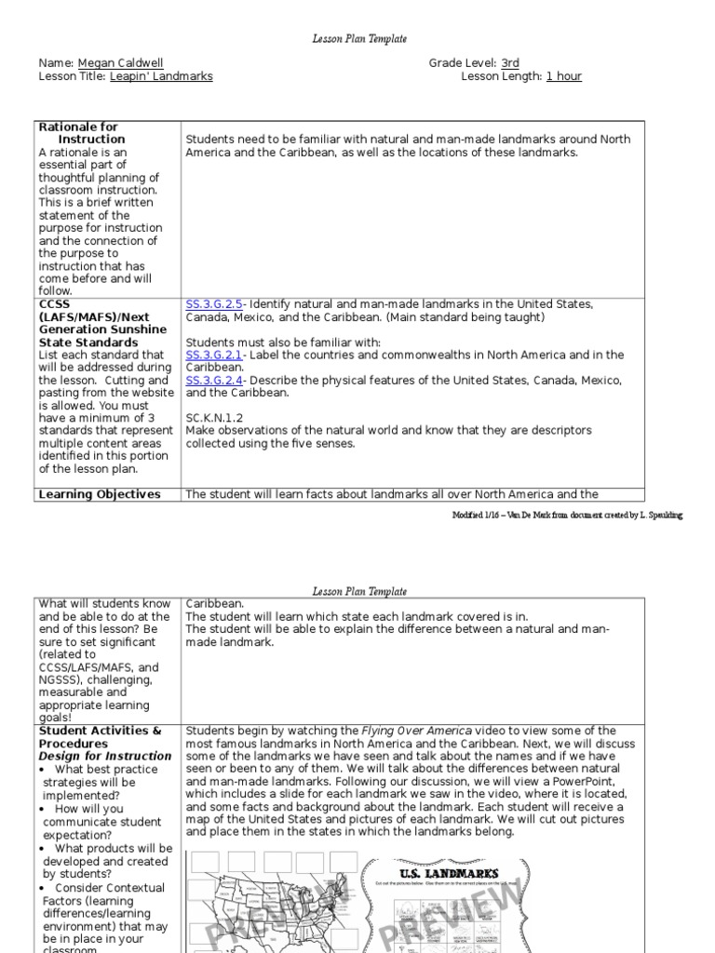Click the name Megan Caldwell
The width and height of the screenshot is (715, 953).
(x=121, y=63)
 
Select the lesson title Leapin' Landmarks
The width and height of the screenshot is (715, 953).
(x=161, y=76)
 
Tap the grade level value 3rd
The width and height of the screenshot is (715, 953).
(x=510, y=63)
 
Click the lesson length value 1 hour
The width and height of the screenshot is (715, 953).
(x=563, y=76)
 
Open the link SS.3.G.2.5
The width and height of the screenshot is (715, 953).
(x=213, y=304)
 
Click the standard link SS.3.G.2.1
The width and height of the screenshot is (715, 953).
(x=213, y=355)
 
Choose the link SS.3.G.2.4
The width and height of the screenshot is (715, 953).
(x=213, y=380)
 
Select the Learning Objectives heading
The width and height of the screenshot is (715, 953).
(x=99, y=494)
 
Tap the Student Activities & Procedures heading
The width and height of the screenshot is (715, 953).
(x=100, y=737)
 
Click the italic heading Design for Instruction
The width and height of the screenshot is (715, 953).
(x=104, y=756)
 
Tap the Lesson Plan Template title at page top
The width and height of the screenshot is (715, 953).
(x=358, y=39)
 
